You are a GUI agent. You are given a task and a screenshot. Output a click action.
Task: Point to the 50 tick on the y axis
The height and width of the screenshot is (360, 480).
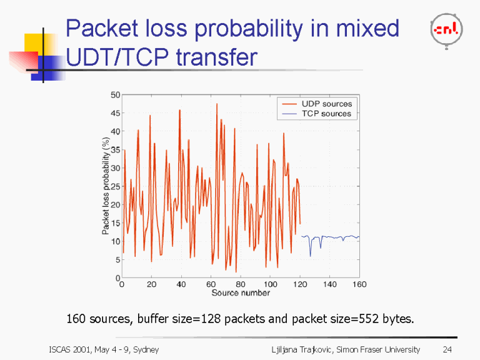[x=115, y=95]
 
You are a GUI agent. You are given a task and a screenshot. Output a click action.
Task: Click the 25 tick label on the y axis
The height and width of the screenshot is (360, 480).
[x=115, y=186]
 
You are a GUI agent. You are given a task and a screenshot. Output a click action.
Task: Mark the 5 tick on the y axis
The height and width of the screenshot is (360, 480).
[x=117, y=259]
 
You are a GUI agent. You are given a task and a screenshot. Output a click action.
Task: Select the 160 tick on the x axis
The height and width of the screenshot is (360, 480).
[x=359, y=285]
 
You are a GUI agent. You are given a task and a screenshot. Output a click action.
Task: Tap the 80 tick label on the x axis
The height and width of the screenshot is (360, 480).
[x=241, y=285]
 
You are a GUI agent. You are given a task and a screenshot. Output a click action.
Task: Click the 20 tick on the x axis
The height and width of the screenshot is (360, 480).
[x=151, y=285]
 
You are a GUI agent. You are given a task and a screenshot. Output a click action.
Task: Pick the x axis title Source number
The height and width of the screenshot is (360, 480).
[x=241, y=293]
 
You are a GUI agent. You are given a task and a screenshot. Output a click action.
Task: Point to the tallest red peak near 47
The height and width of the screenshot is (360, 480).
[x=217, y=104]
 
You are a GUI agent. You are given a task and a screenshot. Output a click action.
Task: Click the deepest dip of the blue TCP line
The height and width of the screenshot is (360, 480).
[x=310, y=256]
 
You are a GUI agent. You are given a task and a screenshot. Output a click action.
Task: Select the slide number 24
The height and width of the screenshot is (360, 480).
[x=446, y=349]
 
